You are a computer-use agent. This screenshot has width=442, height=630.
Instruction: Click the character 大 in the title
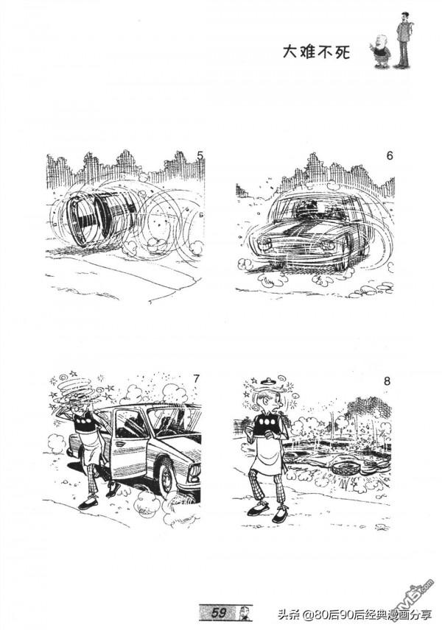[x=290, y=52]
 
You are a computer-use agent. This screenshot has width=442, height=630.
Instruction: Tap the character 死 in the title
[x=343, y=52]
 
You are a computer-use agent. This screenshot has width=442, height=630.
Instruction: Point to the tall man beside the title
[x=403, y=40]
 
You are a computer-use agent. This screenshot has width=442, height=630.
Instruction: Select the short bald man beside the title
[x=379, y=51]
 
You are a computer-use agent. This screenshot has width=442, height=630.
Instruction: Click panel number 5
[x=200, y=155]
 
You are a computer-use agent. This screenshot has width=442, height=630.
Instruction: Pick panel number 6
[x=389, y=155]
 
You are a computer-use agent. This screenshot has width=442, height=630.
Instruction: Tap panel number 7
[x=196, y=378]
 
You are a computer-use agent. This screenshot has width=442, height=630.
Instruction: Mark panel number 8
[x=387, y=381]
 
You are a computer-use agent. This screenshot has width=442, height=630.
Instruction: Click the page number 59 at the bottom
[x=219, y=612]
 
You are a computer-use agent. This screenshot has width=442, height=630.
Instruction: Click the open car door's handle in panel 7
[x=121, y=445]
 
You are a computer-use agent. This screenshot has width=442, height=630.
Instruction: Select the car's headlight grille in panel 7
[x=194, y=473]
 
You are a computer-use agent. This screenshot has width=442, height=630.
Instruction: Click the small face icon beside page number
[x=243, y=612]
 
